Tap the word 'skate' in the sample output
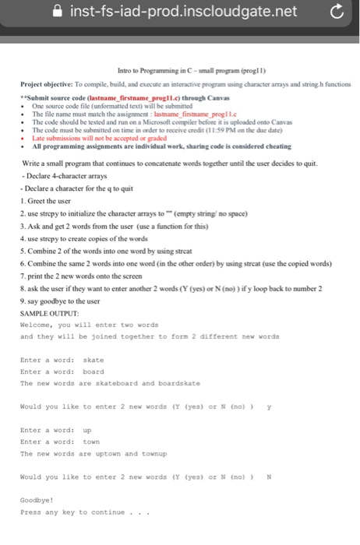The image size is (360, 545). coord(92,360)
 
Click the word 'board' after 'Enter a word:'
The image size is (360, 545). coord(93,371)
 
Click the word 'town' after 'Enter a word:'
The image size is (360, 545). coord(91,441)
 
